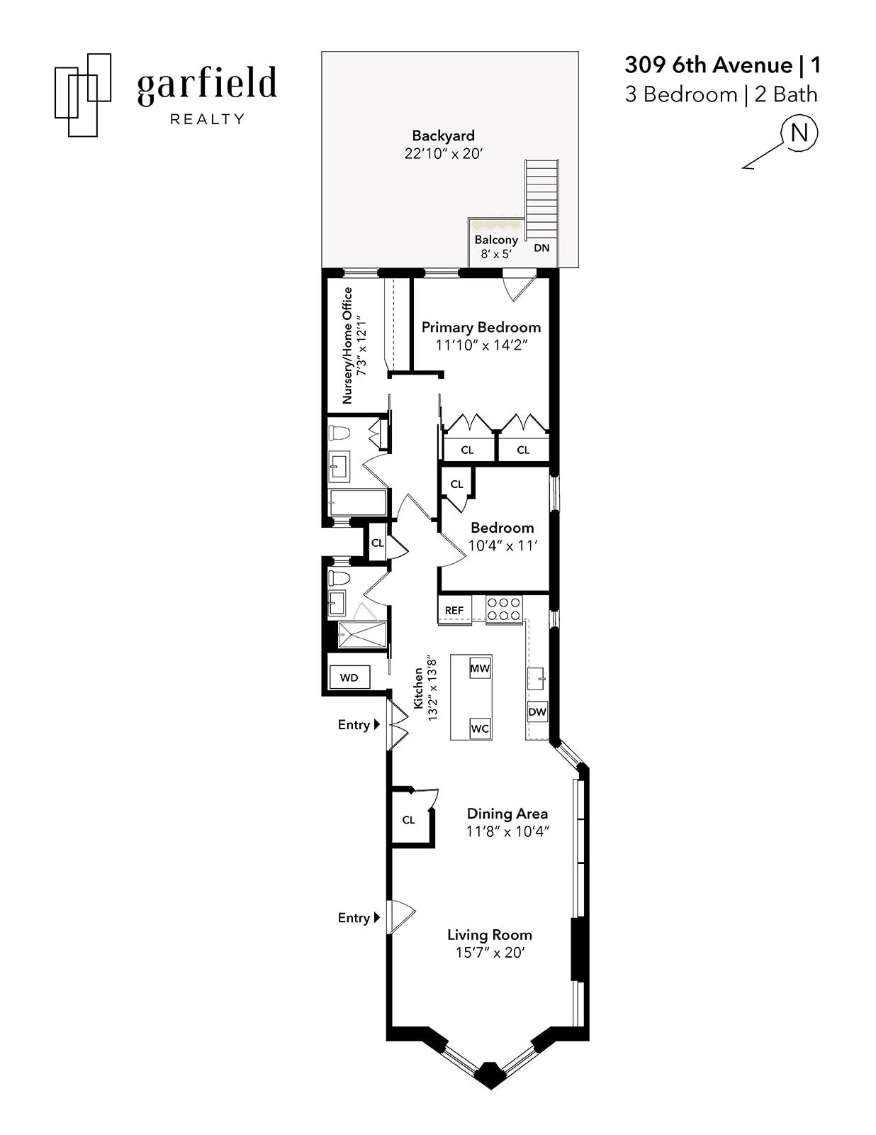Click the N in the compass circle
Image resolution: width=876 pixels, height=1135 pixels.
click(799, 133)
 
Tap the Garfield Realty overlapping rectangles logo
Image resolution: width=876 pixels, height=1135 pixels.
click(83, 94)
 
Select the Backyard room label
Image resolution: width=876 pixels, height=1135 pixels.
click(443, 135)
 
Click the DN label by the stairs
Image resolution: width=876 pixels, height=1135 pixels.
click(541, 248)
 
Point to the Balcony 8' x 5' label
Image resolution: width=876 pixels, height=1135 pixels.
click(495, 246)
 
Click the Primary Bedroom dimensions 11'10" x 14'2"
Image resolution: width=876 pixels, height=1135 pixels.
click(482, 345)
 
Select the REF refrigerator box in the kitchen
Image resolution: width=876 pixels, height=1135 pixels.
click(454, 610)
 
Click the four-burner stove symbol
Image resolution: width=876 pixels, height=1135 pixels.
click(504, 609)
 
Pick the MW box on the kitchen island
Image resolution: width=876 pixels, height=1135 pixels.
click(480, 668)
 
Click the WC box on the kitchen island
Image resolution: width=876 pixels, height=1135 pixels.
click(480, 729)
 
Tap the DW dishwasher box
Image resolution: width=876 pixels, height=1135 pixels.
click(537, 712)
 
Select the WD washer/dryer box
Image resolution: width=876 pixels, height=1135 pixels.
click(349, 677)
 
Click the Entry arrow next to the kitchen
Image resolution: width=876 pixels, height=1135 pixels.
click(377, 724)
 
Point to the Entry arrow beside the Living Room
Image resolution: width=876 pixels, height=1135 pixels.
click(377, 917)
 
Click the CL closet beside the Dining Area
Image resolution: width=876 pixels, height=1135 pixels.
click(409, 819)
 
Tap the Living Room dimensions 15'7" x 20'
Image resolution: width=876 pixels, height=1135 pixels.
click(489, 953)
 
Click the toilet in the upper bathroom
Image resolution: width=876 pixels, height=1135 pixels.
click(339, 433)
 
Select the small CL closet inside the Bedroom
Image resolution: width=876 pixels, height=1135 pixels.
click(456, 484)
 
